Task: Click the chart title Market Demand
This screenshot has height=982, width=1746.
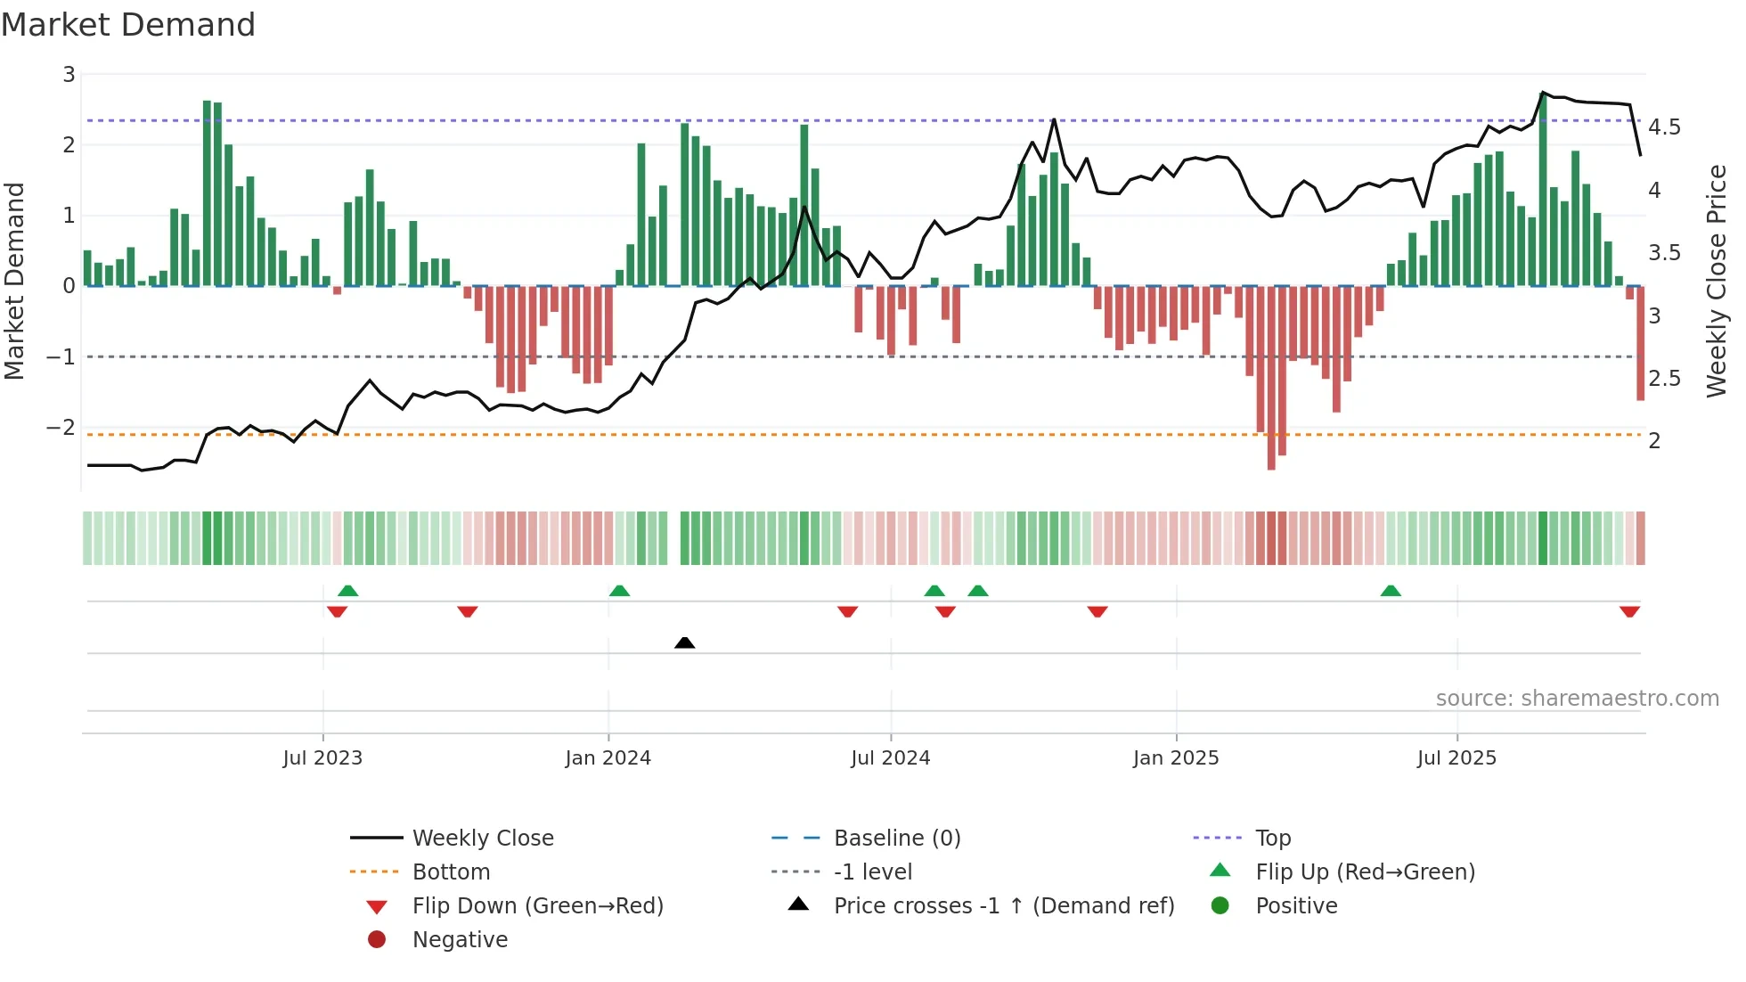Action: click(x=128, y=25)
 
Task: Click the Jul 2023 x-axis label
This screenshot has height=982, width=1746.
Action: click(x=322, y=758)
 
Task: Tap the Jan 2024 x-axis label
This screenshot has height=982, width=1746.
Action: click(x=608, y=758)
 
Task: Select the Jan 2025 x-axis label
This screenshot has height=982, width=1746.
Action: click(x=1176, y=758)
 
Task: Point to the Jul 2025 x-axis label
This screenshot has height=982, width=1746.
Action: click(x=1456, y=758)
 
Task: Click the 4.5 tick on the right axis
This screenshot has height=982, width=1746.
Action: click(x=1664, y=127)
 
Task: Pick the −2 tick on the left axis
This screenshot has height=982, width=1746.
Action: click(x=61, y=428)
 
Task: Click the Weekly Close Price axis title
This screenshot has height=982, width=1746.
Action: click(x=1716, y=281)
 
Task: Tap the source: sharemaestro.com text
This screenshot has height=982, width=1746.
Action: click(x=1577, y=699)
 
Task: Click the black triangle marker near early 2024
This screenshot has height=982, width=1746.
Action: click(x=684, y=642)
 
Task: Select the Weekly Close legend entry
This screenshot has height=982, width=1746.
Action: click(x=482, y=839)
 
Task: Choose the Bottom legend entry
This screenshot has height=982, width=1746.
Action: click(x=451, y=872)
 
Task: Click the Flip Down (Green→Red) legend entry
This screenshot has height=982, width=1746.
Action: click(x=537, y=906)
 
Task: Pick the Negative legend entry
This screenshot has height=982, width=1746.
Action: click(x=460, y=940)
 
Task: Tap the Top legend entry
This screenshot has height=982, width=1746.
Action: click(x=1272, y=839)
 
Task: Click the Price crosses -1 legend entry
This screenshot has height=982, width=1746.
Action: click(x=1003, y=906)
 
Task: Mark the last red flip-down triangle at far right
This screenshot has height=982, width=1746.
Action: click(x=1629, y=611)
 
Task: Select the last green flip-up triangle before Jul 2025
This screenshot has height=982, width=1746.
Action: click(x=1391, y=591)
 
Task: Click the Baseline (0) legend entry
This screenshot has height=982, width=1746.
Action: click(x=896, y=839)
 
